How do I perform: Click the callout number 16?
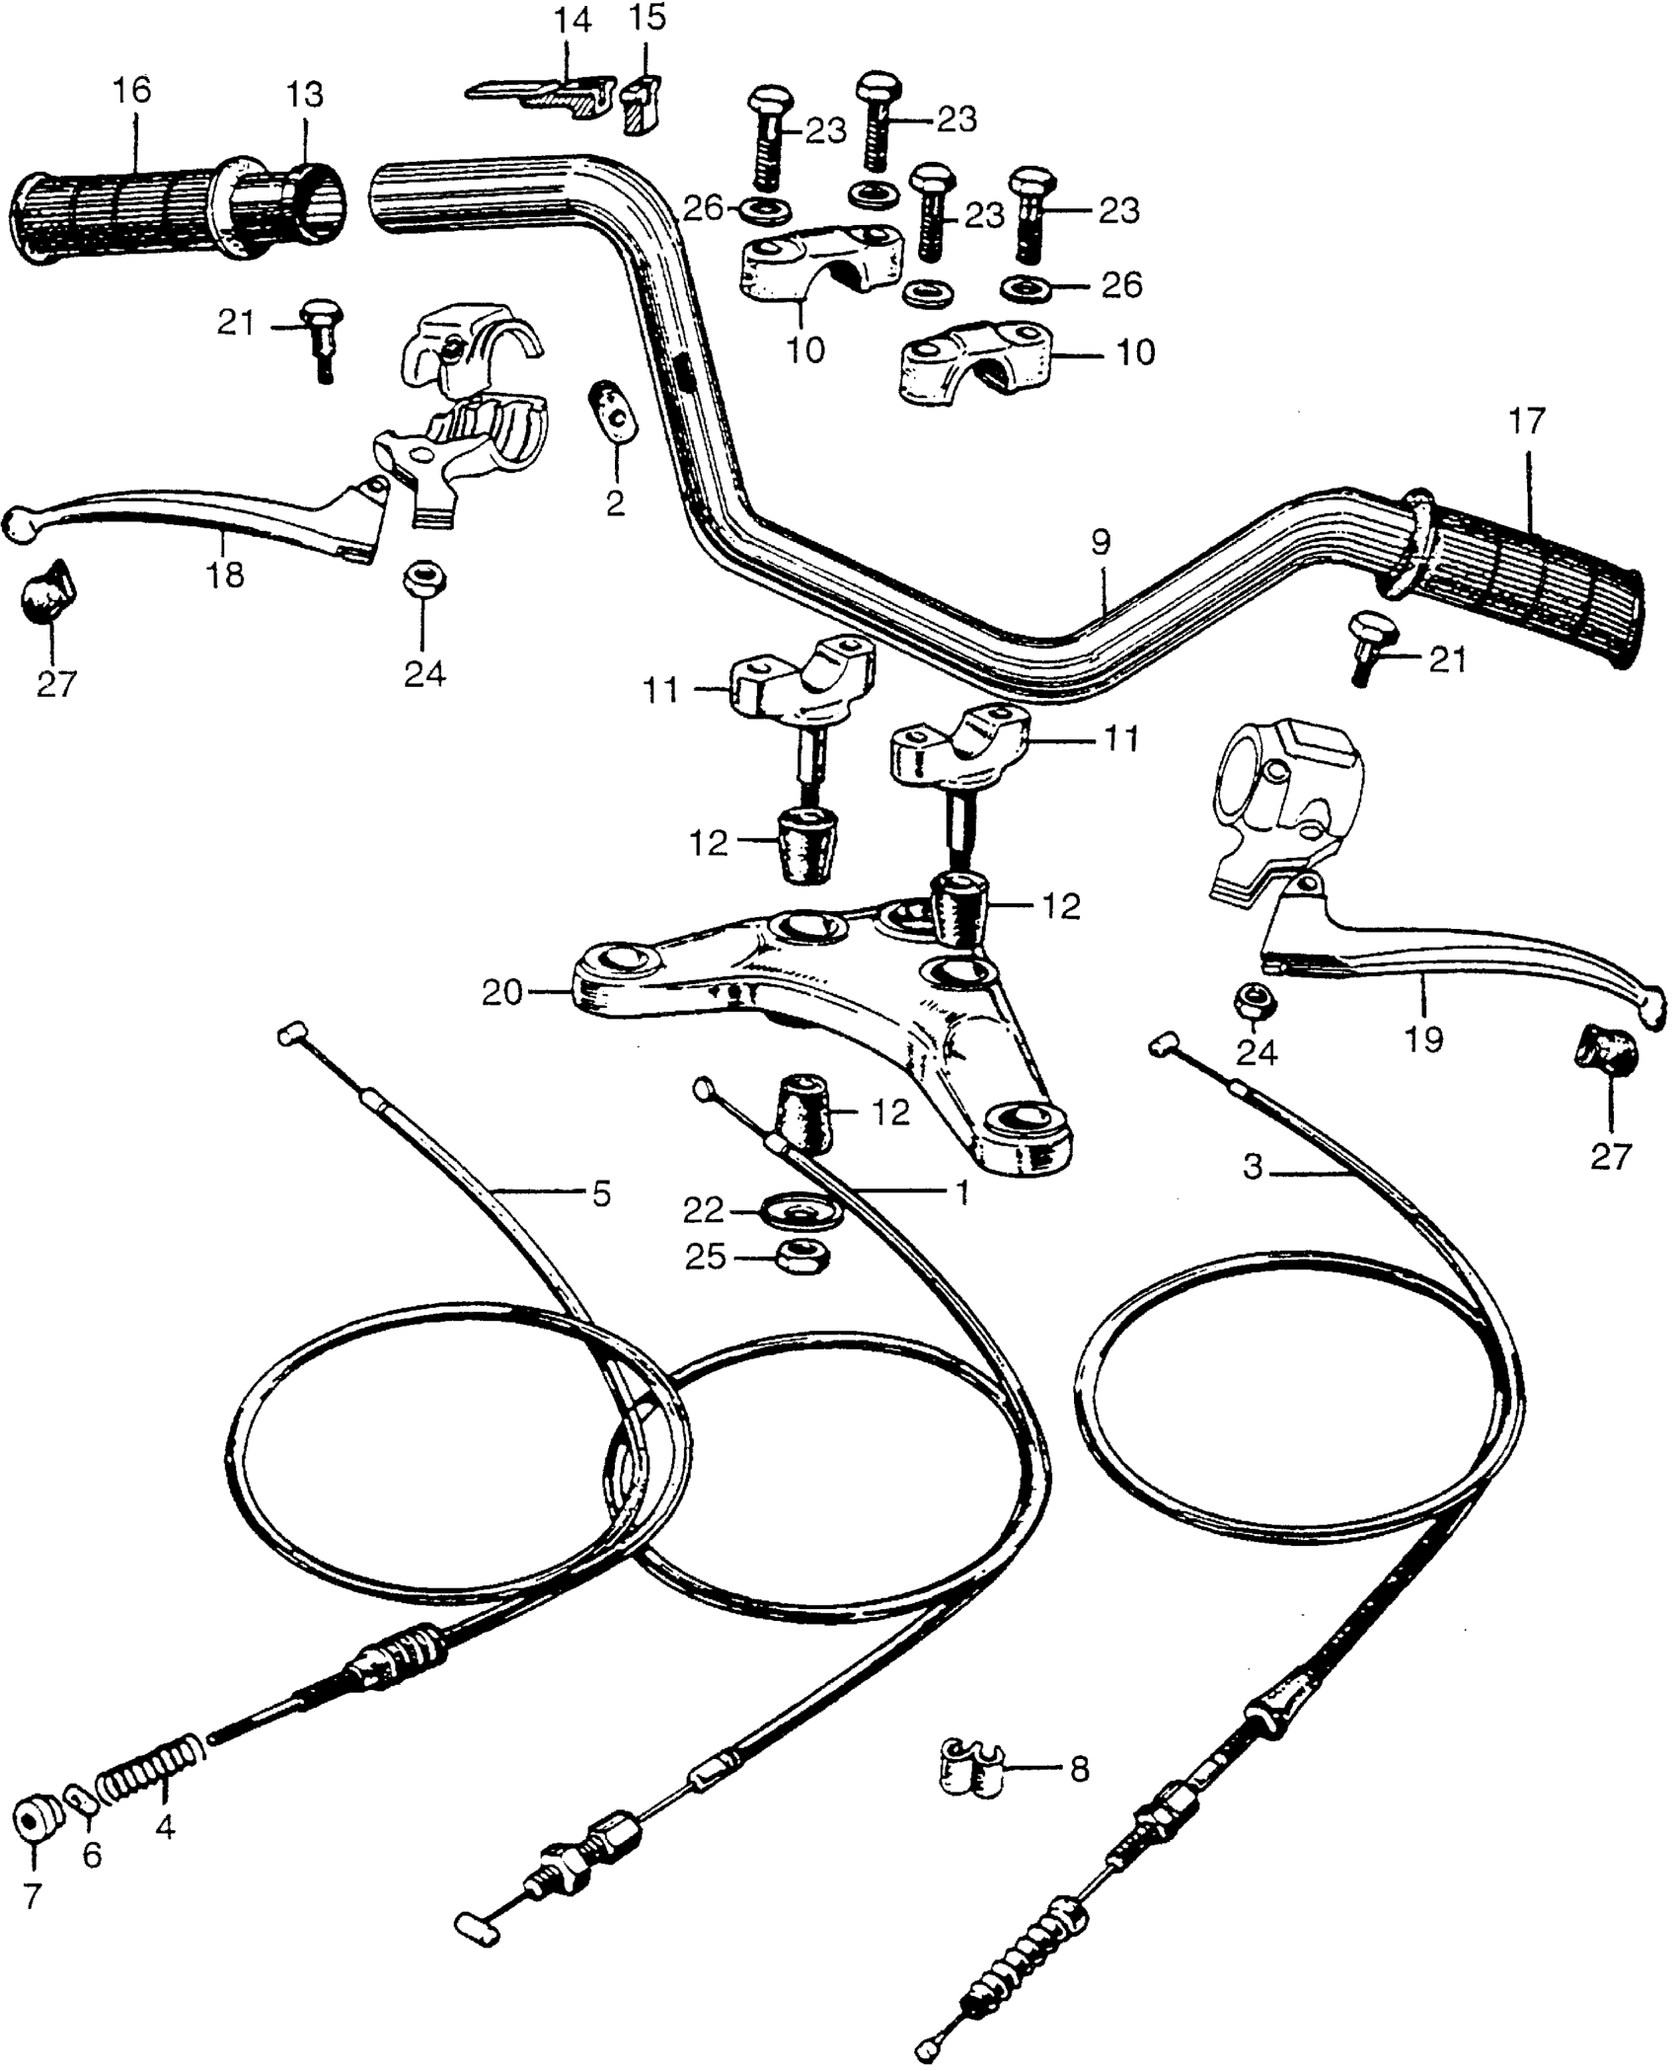(x=131, y=91)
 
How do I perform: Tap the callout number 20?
(x=501, y=992)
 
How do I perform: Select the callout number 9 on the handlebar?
(x=1101, y=542)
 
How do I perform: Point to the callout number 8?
(x=1079, y=1770)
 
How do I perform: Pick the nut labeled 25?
(x=803, y=1257)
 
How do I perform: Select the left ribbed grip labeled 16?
(x=118, y=212)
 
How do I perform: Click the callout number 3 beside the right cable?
(x=1253, y=1168)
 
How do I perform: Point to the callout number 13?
(x=304, y=96)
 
